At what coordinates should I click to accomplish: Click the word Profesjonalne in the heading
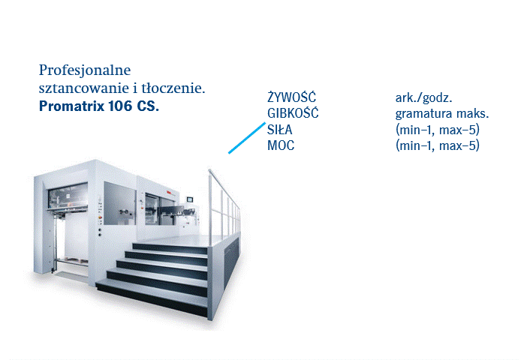pyautogui.click(x=85, y=70)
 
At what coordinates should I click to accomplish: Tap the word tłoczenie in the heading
pyautogui.click(x=173, y=88)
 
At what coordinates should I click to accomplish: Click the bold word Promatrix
pyautogui.click(x=71, y=106)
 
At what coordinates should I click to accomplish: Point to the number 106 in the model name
pyautogui.click(x=120, y=106)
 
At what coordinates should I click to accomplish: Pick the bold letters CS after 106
pyautogui.click(x=148, y=106)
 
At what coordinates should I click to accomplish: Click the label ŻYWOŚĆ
pyautogui.click(x=292, y=97)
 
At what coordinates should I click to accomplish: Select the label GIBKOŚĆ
pyautogui.click(x=293, y=113)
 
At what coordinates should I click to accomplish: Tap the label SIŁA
pyautogui.click(x=279, y=130)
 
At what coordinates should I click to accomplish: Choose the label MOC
pyautogui.click(x=281, y=145)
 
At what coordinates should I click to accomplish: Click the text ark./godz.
pyautogui.click(x=424, y=98)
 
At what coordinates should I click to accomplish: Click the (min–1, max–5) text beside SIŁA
pyautogui.click(x=438, y=130)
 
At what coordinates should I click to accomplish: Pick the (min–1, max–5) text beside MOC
pyautogui.click(x=438, y=145)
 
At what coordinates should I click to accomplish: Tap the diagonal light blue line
pyautogui.click(x=247, y=138)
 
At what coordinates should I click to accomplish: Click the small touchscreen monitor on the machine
pyautogui.click(x=190, y=199)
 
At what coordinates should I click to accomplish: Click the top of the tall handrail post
pyautogui.click(x=209, y=170)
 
